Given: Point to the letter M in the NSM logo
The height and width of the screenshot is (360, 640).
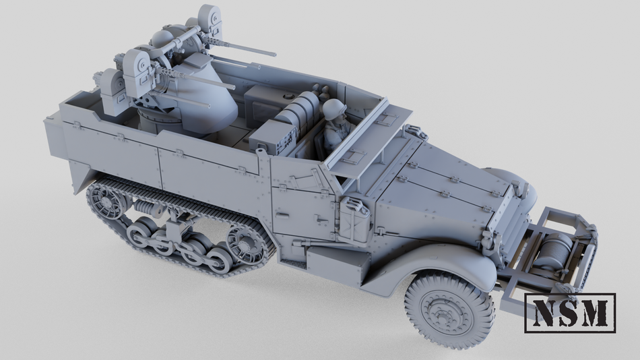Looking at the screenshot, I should [596, 312].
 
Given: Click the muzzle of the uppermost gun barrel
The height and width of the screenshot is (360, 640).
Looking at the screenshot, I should [274, 53].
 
